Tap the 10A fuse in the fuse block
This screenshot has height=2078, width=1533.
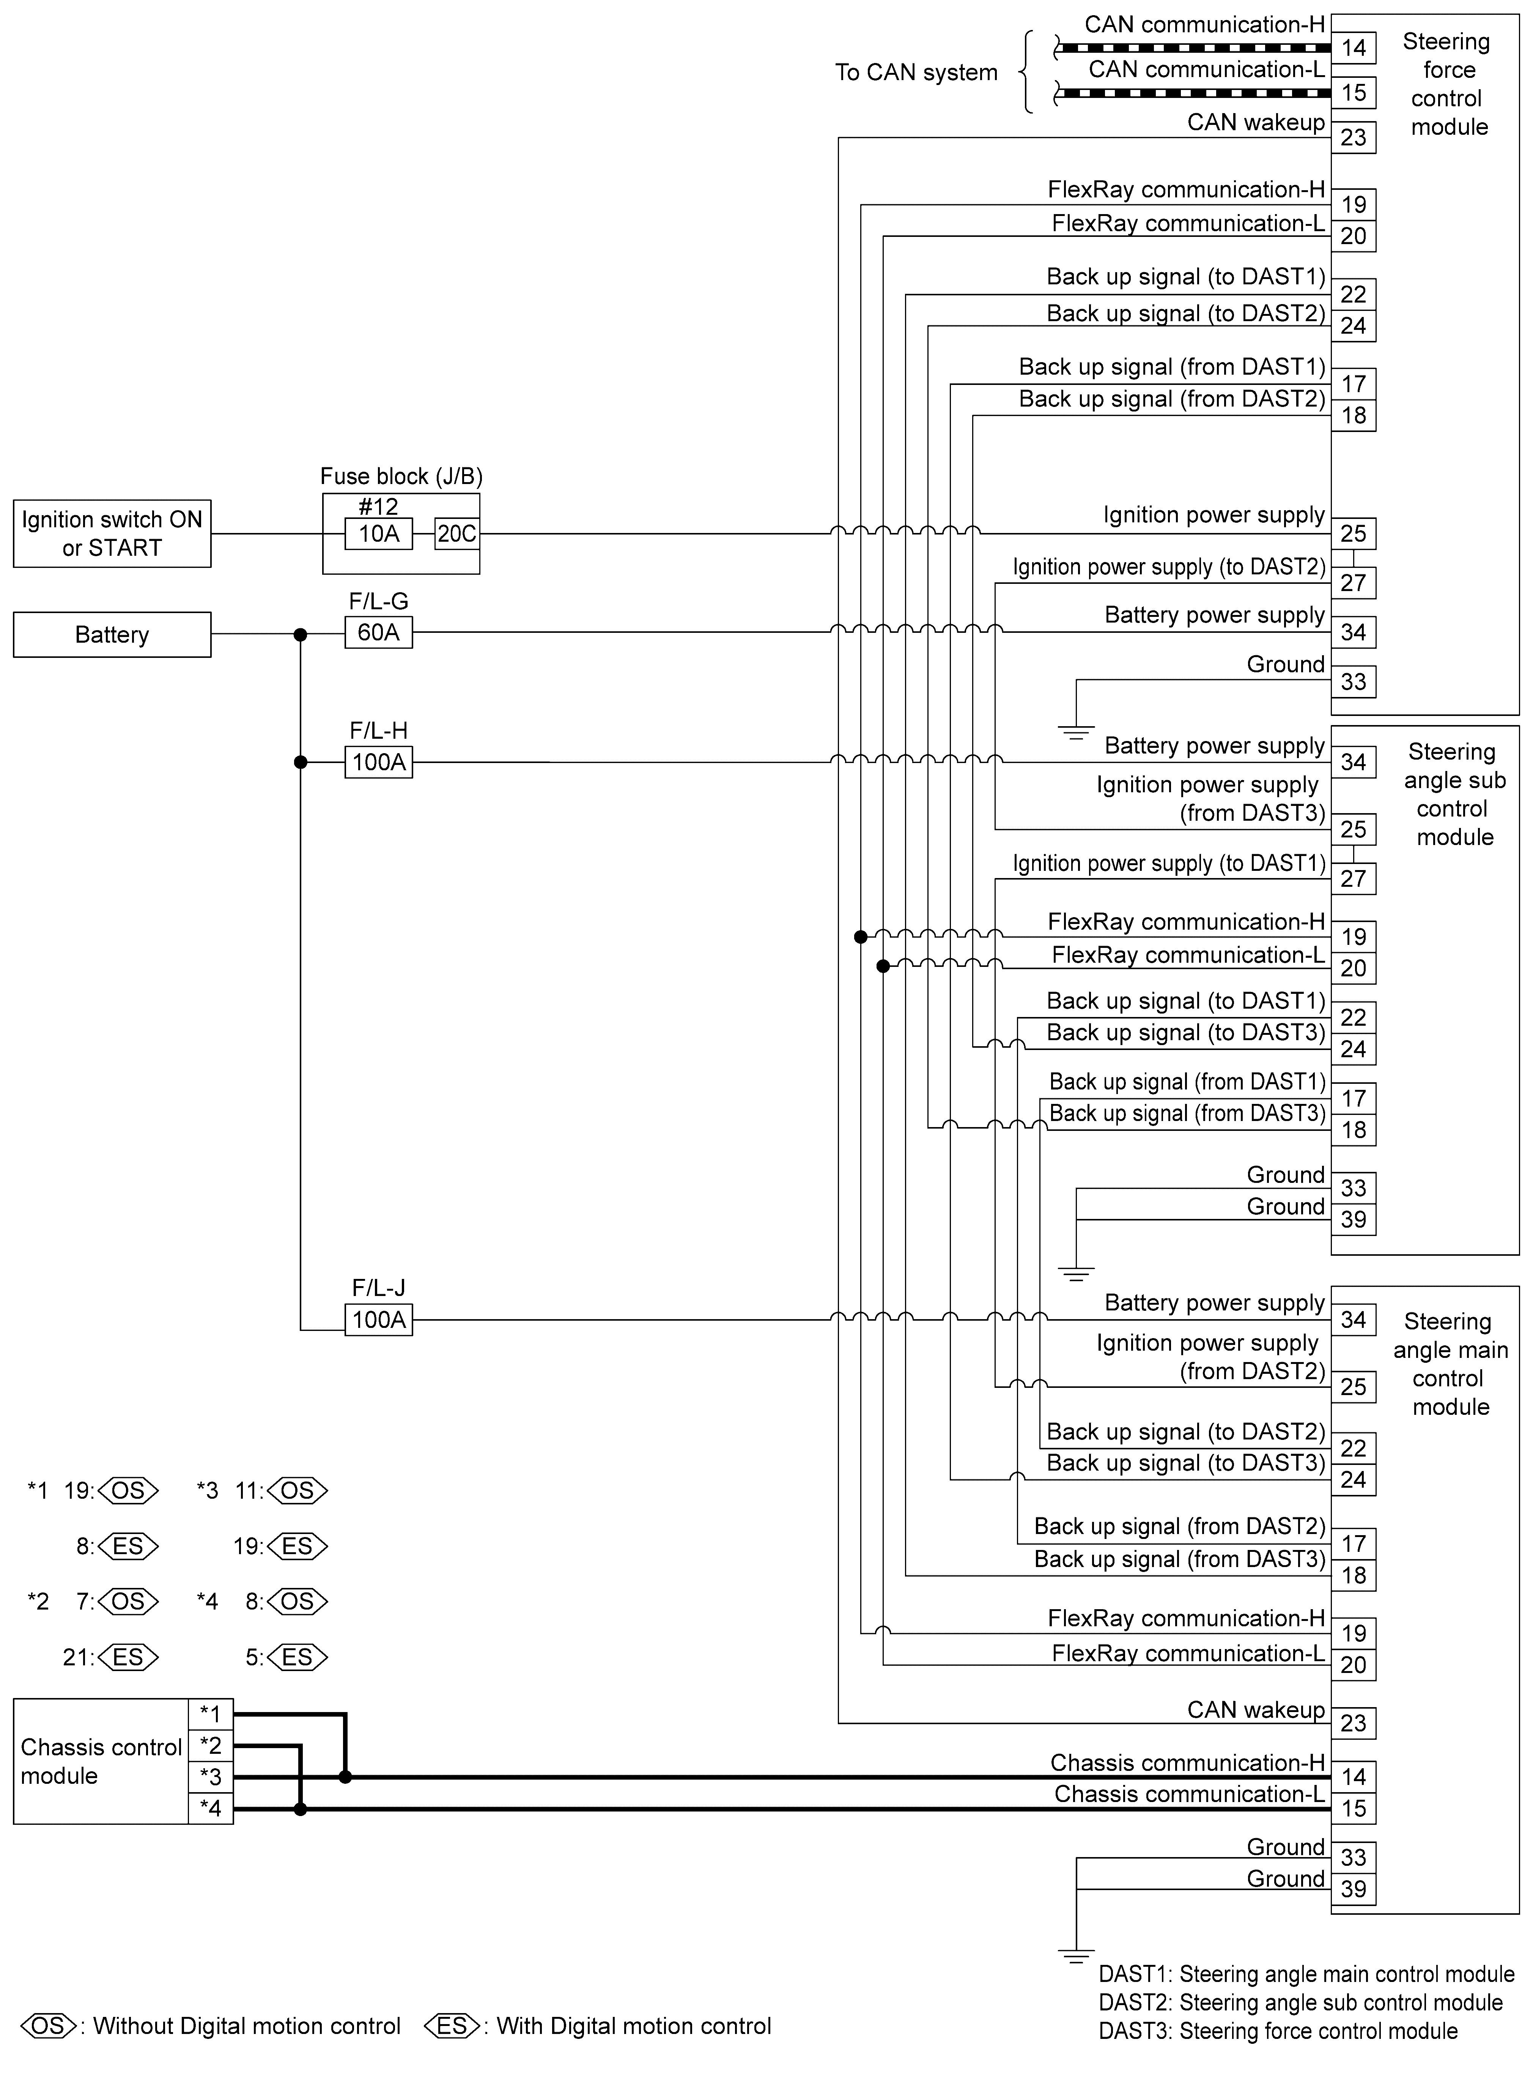click(379, 534)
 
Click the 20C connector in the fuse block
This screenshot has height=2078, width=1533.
click(456, 534)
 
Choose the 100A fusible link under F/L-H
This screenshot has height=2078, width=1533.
click(379, 762)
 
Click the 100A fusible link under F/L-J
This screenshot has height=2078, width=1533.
click(379, 1320)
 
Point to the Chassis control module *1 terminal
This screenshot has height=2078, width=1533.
click(211, 1714)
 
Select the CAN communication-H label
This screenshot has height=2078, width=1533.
click(1204, 25)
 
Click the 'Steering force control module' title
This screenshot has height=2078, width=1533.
click(1448, 84)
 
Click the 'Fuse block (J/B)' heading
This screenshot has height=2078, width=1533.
click(401, 476)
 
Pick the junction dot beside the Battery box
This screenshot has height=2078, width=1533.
click(300, 635)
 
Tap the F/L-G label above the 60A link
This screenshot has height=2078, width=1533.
click(379, 601)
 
